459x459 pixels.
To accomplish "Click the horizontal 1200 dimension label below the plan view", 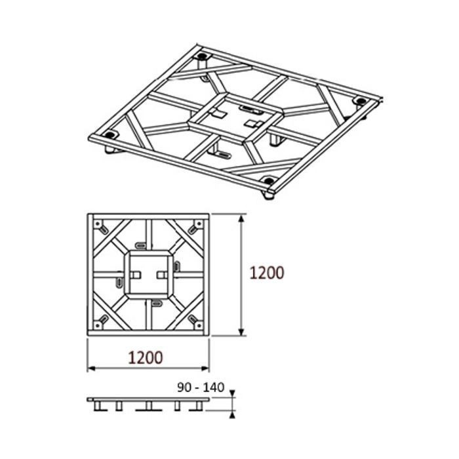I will tap(145, 358).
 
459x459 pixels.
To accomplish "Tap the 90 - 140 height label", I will tap(201, 388).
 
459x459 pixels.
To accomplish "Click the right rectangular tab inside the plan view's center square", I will tap(162, 273).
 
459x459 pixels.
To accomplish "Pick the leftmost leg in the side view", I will tap(99, 406).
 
